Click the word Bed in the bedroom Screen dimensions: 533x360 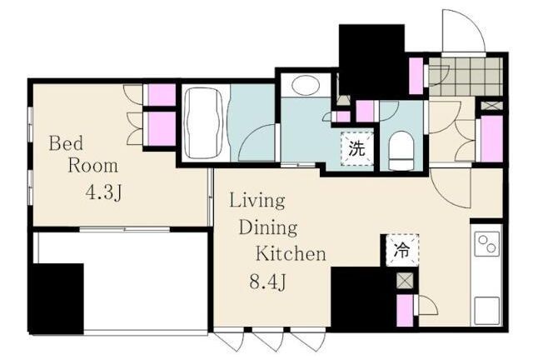tap(66, 143)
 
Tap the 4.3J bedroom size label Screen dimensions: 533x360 tap(103, 192)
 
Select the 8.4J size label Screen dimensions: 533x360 tap(267, 282)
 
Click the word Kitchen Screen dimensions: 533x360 tap(291, 253)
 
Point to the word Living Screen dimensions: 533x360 tap(257, 201)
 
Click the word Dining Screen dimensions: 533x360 tap(268, 227)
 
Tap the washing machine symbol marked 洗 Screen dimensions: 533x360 tap(357, 148)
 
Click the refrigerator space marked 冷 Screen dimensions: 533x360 tap(402, 251)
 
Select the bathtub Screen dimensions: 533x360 tap(204, 123)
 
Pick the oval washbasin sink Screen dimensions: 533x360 tap(306, 85)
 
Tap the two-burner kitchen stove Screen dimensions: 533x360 tap(486, 243)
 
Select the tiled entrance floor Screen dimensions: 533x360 tap(466, 76)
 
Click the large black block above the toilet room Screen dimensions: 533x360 tap(372, 61)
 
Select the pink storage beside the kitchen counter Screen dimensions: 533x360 tap(405, 311)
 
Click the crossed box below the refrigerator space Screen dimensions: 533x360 tap(405, 281)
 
